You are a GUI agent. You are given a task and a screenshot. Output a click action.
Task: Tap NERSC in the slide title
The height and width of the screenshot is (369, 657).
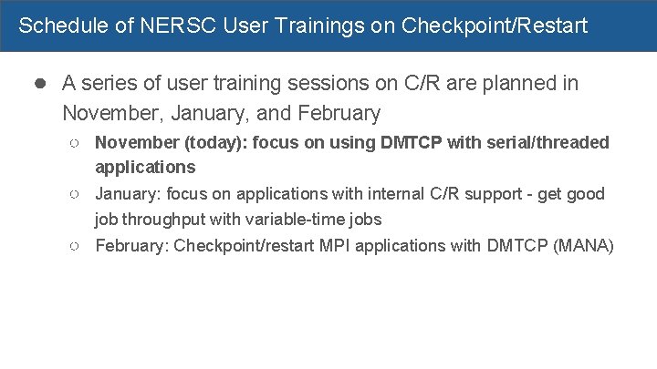tap(168, 26)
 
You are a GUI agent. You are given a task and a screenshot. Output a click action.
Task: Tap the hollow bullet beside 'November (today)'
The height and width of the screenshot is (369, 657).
tap(77, 143)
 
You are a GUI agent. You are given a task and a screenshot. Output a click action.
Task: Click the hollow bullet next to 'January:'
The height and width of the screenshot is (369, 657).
tap(77, 195)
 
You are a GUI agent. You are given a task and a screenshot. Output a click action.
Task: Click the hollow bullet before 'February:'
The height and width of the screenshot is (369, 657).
tap(77, 246)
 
